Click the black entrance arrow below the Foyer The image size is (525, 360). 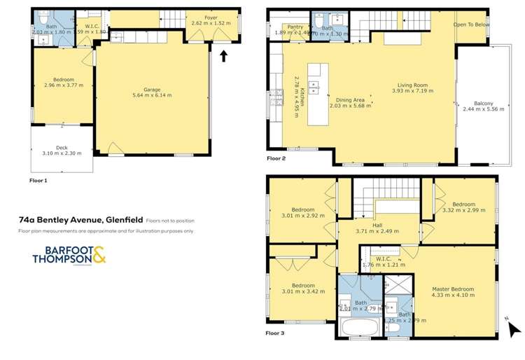point(224,55)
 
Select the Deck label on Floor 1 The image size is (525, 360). point(62,147)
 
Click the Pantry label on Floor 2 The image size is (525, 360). point(286,27)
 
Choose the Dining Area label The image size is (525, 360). point(351,100)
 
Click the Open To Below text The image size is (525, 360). point(471,25)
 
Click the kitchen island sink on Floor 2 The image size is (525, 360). point(314,87)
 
